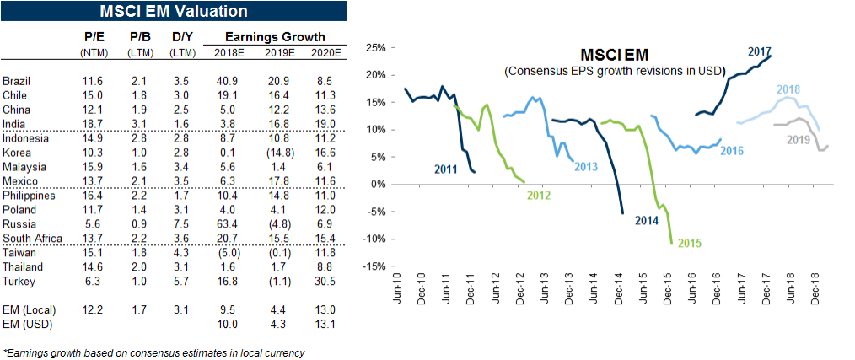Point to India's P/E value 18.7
tap(93, 122)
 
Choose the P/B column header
tap(140, 37)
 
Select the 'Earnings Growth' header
tap(275, 37)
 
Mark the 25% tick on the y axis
tap(374, 47)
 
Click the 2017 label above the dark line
tap(761, 51)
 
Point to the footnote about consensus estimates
tap(154, 353)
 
